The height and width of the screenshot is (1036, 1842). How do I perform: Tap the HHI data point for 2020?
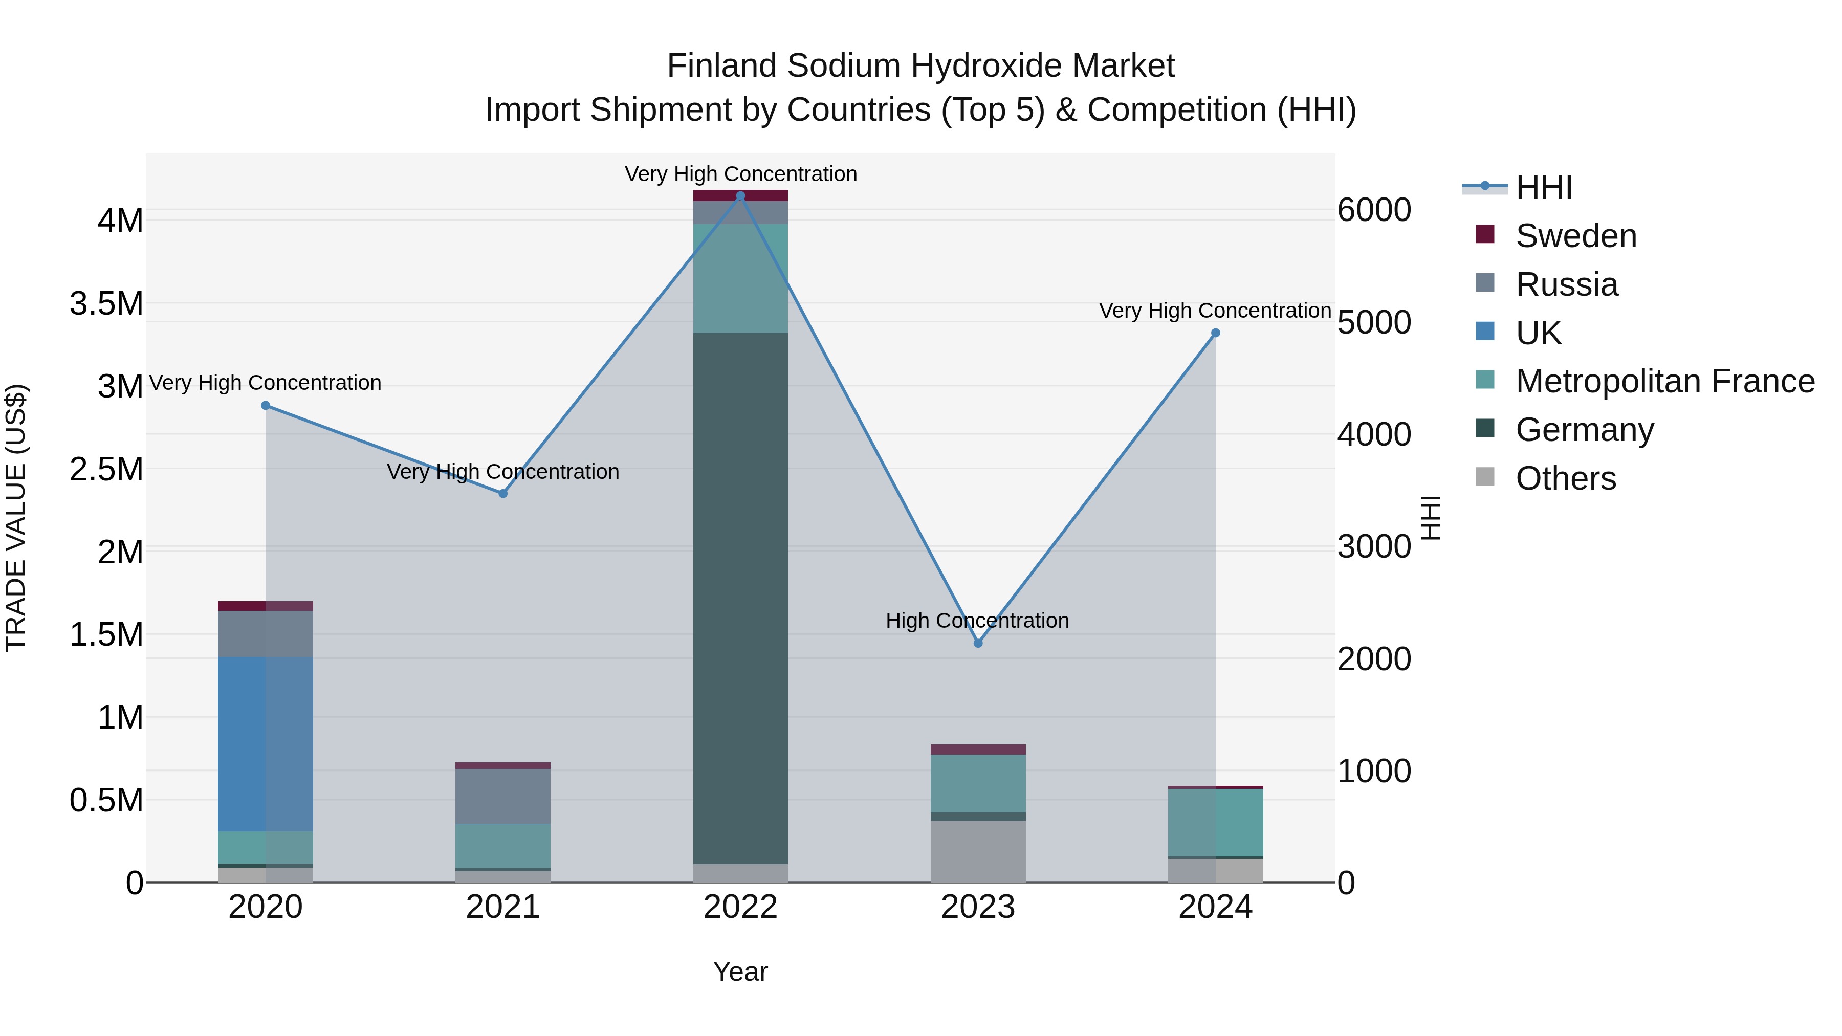[265, 405]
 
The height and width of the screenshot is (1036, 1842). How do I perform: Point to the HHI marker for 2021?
[502, 493]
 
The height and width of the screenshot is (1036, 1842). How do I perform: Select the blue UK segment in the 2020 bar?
[265, 743]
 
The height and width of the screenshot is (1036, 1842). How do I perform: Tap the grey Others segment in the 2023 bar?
[978, 851]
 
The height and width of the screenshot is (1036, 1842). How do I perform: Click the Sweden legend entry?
[1575, 236]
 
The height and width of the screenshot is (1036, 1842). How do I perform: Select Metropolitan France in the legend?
[1664, 381]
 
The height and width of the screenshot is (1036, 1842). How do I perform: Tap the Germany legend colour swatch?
[1485, 428]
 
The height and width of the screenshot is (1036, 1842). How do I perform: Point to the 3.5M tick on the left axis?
[106, 304]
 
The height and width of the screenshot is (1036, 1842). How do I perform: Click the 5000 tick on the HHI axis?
[1374, 322]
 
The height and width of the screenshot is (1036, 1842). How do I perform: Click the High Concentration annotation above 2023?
[977, 621]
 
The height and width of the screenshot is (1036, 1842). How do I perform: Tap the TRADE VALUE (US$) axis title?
[16, 518]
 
